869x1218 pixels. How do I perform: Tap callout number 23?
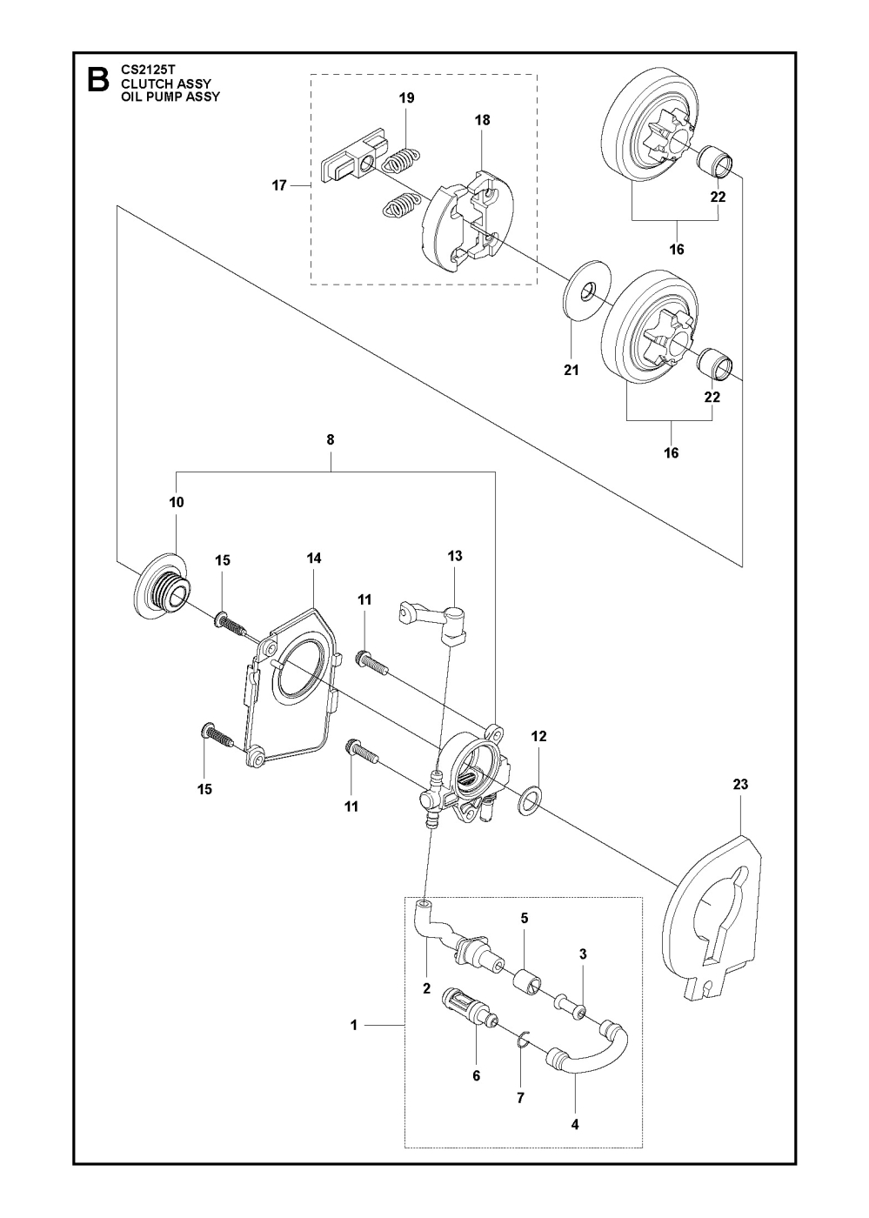[x=740, y=784]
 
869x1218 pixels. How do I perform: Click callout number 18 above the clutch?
[x=482, y=120]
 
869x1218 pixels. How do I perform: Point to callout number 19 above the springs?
[x=406, y=98]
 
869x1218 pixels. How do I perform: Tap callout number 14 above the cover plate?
[x=314, y=559]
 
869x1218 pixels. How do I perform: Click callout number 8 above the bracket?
[x=330, y=440]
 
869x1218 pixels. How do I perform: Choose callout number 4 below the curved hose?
[x=575, y=1125]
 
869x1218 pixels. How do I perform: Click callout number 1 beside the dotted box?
[x=354, y=1026]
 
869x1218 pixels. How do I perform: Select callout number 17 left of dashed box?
[x=279, y=184]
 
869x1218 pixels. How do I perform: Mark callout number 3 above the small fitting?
[x=583, y=954]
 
